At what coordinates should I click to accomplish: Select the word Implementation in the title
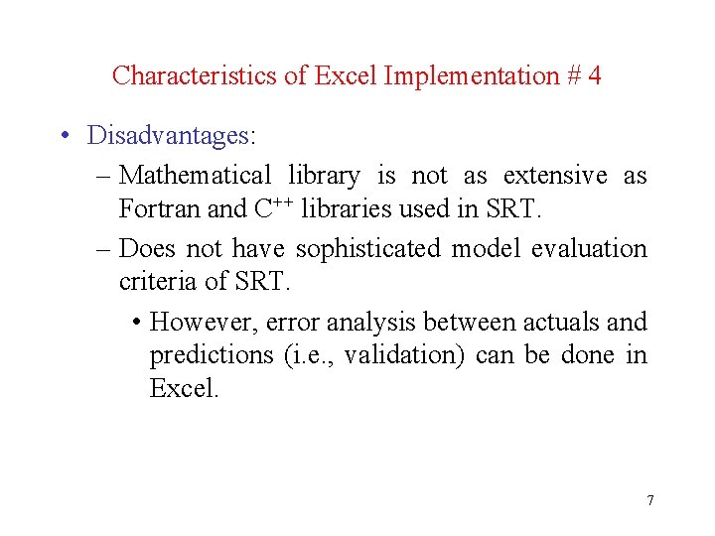pyautogui.click(x=473, y=75)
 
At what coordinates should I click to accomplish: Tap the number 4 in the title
pyautogui.click(x=594, y=75)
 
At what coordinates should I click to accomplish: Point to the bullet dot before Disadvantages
pyautogui.click(x=63, y=135)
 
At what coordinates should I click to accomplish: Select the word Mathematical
pyautogui.click(x=195, y=176)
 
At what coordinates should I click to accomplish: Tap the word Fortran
pyautogui.click(x=154, y=209)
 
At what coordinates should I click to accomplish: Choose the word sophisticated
pyautogui.click(x=368, y=249)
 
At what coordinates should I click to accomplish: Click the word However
pyautogui.click(x=203, y=323)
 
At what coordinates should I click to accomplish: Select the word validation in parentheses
pyautogui.click(x=405, y=355)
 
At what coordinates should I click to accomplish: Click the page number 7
pyautogui.click(x=650, y=500)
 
